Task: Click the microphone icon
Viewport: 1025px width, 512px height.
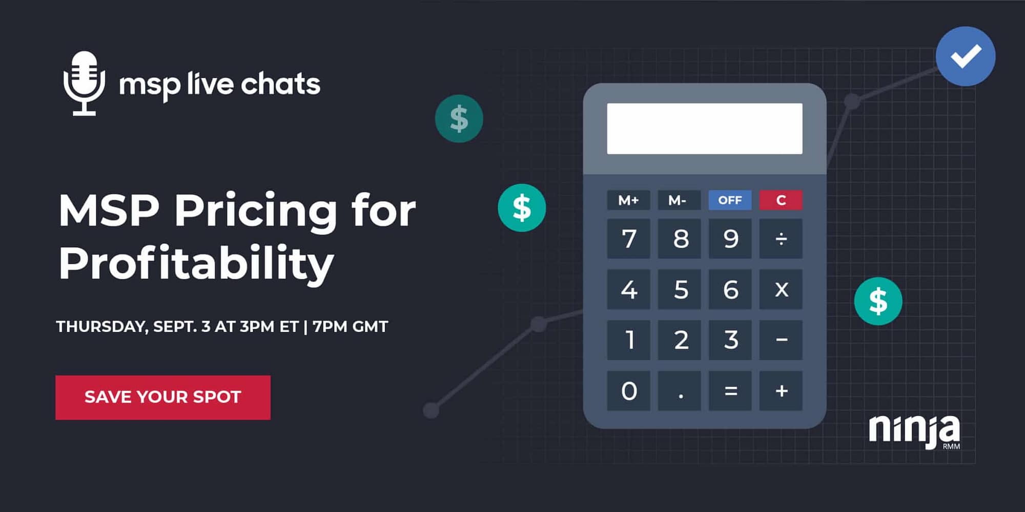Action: (84, 83)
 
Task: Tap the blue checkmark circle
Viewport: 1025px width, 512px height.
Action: (966, 56)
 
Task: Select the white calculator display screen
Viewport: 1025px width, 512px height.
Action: (705, 129)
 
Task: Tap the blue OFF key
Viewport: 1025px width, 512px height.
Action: (730, 200)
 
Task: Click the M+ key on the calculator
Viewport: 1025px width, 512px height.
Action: (628, 200)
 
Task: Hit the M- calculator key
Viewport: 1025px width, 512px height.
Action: (679, 200)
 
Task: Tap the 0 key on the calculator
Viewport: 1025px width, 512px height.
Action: (628, 391)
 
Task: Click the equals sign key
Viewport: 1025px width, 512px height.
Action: (730, 391)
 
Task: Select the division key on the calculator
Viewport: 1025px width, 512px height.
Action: (781, 239)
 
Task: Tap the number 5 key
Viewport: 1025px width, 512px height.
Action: (679, 289)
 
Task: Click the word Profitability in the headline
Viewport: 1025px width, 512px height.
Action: (196, 264)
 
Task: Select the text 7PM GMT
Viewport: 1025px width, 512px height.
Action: (351, 327)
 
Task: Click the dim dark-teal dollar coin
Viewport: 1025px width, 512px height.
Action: (459, 119)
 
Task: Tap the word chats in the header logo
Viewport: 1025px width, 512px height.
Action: (280, 84)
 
